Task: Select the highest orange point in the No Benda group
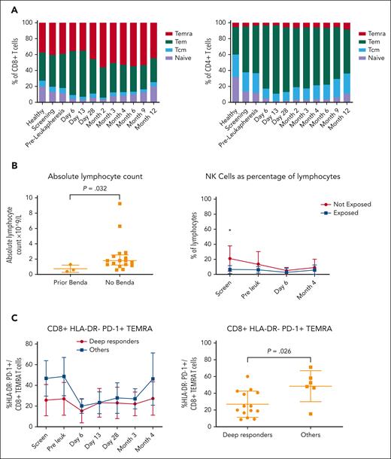[x=119, y=203]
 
